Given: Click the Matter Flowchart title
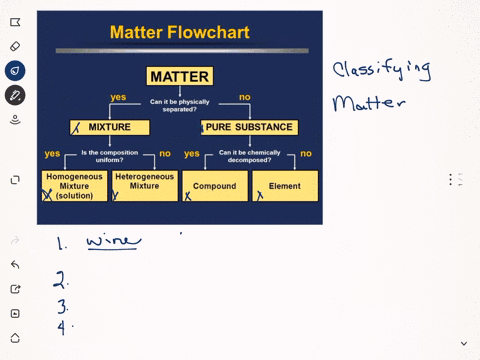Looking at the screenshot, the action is [180, 32].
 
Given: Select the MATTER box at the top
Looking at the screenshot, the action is [180, 76].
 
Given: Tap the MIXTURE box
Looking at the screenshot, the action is [110, 127].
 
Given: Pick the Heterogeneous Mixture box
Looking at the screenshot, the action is [144, 182].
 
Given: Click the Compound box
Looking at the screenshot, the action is [214, 186].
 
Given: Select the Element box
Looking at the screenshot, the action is [285, 186].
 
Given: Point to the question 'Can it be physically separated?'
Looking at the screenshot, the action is [180, 104].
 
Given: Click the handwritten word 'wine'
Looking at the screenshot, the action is [113, 240].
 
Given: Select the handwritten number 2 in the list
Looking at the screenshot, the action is [62, 279].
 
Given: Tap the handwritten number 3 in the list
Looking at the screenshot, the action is [62, 306].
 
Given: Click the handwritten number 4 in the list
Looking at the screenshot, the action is [62, 325].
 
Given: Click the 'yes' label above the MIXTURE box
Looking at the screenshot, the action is [118, 97].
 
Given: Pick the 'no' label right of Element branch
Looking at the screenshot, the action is [306, 153].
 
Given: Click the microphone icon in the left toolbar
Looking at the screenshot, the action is [15, 120].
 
